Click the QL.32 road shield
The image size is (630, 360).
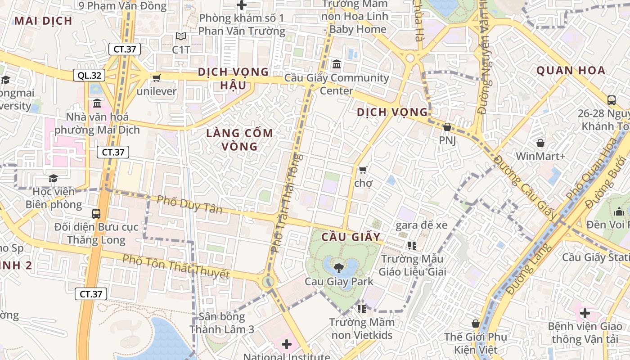click(89, 75)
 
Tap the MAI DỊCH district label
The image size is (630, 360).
click(43, 21)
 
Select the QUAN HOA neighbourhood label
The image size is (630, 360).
click(571, 70)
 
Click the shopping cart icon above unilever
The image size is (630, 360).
click(157, 78)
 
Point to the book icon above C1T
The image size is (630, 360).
click(181, 36)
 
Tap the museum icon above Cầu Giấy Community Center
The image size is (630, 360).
click(336, 64)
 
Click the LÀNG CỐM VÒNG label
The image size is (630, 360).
click(239, 139)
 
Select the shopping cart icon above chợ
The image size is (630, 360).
click(363, 170)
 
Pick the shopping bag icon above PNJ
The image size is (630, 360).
click(447, 127)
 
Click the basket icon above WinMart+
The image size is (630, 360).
click(540, 143)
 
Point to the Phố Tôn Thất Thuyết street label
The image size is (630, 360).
click(176, 266)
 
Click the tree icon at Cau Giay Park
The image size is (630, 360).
click(338, 268)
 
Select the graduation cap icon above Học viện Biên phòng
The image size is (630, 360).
click(53, 178)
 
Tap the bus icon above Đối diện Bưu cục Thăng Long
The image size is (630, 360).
click(96, 213)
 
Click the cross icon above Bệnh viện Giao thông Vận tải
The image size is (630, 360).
click(585, 313)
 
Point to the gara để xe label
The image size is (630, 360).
click(421, 225)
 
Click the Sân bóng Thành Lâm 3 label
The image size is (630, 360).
click(221, 323)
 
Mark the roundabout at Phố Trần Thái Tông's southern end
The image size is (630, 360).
click(268, 282)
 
